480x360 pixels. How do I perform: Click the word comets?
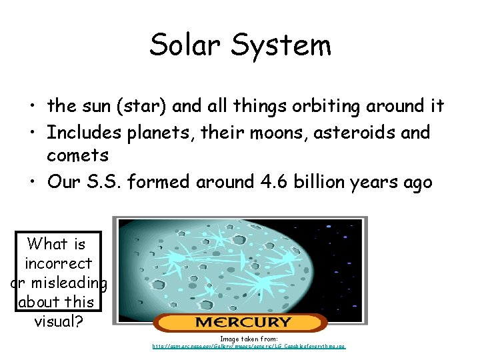(77, 155)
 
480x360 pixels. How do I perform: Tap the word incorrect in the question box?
(59, 263)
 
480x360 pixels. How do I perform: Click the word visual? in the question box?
(59, 321)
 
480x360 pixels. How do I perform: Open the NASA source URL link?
(249, 347)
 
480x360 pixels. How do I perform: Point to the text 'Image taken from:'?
(249, 339)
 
